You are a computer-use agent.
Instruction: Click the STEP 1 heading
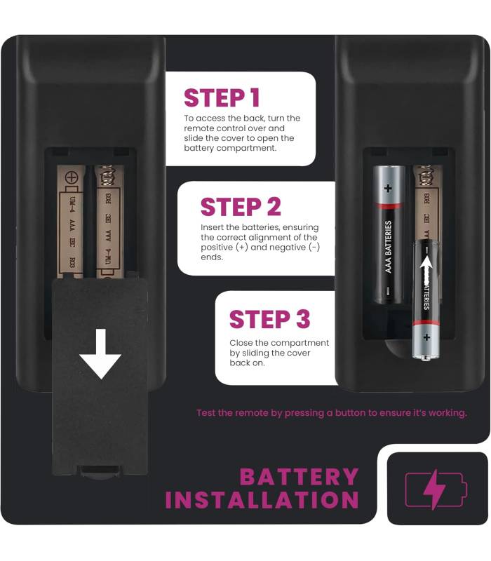coord(222,97)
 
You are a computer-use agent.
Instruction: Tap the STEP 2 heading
coord(241,207)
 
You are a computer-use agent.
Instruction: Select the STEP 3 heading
coord(269,319)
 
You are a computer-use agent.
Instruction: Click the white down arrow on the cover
coord(100,353)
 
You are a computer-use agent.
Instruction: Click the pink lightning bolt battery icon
coord(436,489)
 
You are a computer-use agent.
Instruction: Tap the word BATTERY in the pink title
coord(299,477)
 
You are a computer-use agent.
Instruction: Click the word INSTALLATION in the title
coord(262,499)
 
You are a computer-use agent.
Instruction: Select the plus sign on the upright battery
coord(388,188)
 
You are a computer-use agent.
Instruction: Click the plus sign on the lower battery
coord(426,337)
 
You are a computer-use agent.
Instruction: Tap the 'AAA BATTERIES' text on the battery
coord(388,247)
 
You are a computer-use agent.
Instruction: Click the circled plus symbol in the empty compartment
coord(72,177)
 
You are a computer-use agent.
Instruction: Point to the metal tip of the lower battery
coord(426,358)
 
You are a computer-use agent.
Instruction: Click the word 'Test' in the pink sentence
coord(206,413)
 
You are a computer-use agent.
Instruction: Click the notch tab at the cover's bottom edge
coord(100,471)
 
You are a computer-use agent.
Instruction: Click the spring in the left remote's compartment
coord(107,175)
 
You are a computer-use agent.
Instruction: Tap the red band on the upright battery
coord(389,206)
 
